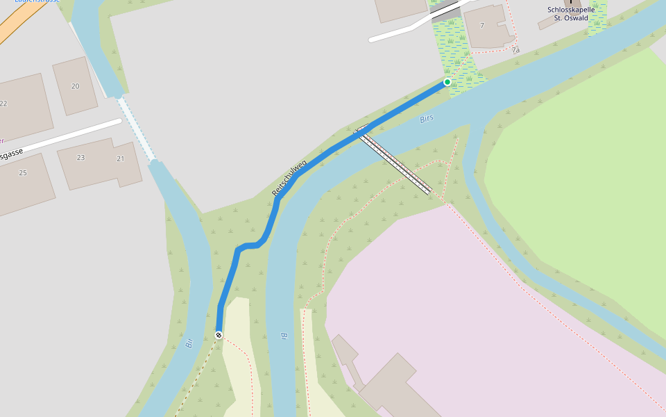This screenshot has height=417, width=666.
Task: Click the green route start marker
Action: [447, 82]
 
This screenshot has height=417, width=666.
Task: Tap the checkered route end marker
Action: [219, 335]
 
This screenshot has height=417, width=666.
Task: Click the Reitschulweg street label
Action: [289, 179]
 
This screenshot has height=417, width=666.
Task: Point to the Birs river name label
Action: [427, 119]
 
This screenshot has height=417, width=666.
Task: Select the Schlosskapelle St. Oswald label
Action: [572, 13]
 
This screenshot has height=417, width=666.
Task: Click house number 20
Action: [75, 86]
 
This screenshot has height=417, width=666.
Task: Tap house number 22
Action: [3, 104]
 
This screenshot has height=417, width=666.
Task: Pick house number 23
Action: [80, 158]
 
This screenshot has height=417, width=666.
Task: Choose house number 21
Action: [120, 158]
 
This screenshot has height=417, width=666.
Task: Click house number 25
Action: [23, 172]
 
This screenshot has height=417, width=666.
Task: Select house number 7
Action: [481, 26]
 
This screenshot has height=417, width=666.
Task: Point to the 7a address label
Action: [515, 50]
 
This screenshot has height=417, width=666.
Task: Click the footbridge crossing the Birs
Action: [396, 162]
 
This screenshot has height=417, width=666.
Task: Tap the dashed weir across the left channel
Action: [137, 129]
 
